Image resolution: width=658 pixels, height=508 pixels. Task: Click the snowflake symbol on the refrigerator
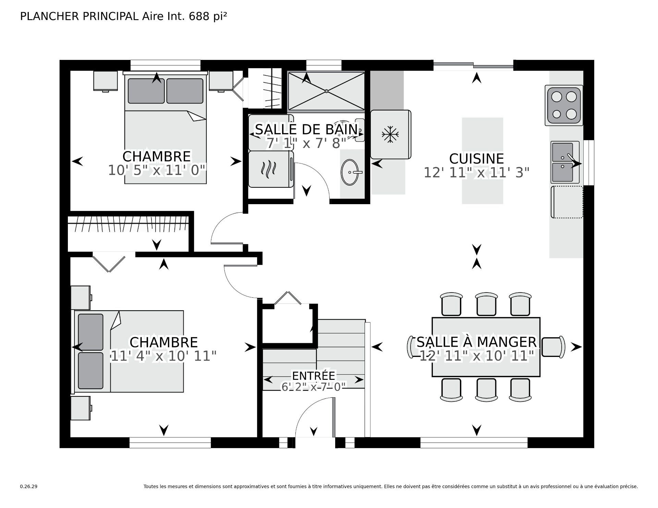coord(390,134)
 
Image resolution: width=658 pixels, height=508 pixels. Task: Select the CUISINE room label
coord(476,159)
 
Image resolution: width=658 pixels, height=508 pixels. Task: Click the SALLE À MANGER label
coord(476,342)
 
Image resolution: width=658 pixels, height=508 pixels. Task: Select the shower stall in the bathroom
coord(326,91)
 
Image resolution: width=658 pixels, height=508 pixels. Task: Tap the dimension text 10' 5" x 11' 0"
coord(157,170)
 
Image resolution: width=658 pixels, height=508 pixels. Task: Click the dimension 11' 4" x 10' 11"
coord(164,356)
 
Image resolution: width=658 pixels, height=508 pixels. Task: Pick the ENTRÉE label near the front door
coord(313,376)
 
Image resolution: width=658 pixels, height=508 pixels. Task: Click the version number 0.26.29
coord(29,486)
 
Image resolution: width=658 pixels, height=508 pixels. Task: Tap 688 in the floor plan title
coord(199,16)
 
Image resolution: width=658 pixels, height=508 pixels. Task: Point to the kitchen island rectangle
coord(482,161)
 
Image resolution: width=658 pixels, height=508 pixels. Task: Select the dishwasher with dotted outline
coord(566,202)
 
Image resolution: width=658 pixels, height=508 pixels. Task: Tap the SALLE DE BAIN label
coord(306,129)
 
